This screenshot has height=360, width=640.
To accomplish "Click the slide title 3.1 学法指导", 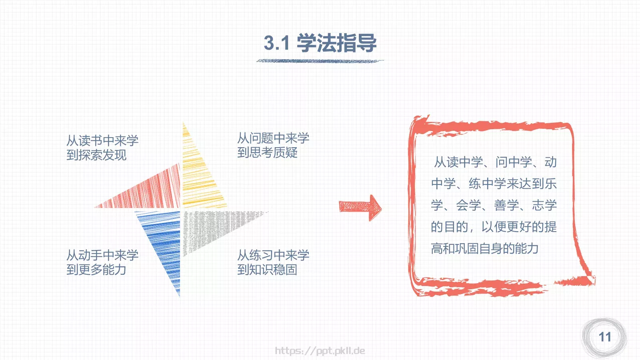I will [x=320, y=43].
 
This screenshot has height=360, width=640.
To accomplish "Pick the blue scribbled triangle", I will [x=164, y=240].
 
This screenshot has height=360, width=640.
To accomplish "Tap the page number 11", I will [x=605, y=337].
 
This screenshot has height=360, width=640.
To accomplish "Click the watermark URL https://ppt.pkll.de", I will [x=320, y=351].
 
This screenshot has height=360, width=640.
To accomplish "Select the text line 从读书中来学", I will [x=102, y=140].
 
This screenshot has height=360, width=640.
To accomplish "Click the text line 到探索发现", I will [x=96, y=155].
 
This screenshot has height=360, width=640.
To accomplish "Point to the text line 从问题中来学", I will [x=273, y=138].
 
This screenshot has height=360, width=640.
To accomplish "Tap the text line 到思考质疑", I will [x=267, y=152].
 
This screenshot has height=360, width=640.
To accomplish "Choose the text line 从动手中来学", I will [x=102, y=255].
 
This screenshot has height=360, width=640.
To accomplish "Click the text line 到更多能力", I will [x=96, y=270].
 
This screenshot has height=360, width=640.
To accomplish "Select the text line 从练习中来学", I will [x=273, y=255].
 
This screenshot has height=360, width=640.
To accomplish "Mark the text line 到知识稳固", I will [x=267, y=270].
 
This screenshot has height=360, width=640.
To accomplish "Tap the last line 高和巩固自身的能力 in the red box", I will [x=484, y=248].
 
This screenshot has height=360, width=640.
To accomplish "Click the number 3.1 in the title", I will [x=276, y=43].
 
